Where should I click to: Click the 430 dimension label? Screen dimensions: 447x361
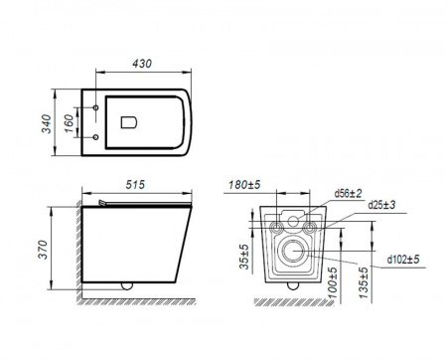pyautogui.click(x=142, y=64)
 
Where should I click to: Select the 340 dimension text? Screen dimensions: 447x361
pyautogui.click(x=47, y=123)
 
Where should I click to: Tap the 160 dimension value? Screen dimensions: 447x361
pyautogui.click(x=69, y=123)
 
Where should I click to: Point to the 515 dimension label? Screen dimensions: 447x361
pyautogui.click(x=135, y=184)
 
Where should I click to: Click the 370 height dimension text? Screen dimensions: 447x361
pyautogui.click(x=43, y=250)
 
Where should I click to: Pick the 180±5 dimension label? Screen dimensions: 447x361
pyautogui.click(x=244, y=184)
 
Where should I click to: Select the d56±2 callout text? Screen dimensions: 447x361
pyautogui.click(x=348, y=193)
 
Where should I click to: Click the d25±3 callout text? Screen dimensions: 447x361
pyautogui.click(x=381, y=205)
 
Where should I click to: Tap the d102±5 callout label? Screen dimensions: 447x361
pyautogui.click(x=403, y=259)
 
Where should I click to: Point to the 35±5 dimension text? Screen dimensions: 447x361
pyautogui.click(x=244, y=257)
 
